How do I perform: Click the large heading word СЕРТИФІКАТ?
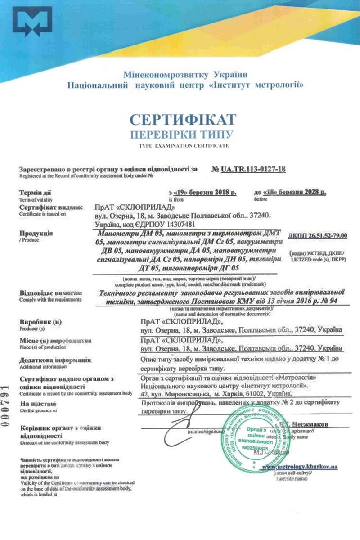tap(182, 119)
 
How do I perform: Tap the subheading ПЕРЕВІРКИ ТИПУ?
tap(182, 135)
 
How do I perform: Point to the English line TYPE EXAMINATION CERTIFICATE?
tap(182, 145)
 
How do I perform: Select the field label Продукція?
tap(36, 234)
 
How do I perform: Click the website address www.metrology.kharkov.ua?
tap(300, 467)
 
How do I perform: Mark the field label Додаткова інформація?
tap(55, 360)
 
